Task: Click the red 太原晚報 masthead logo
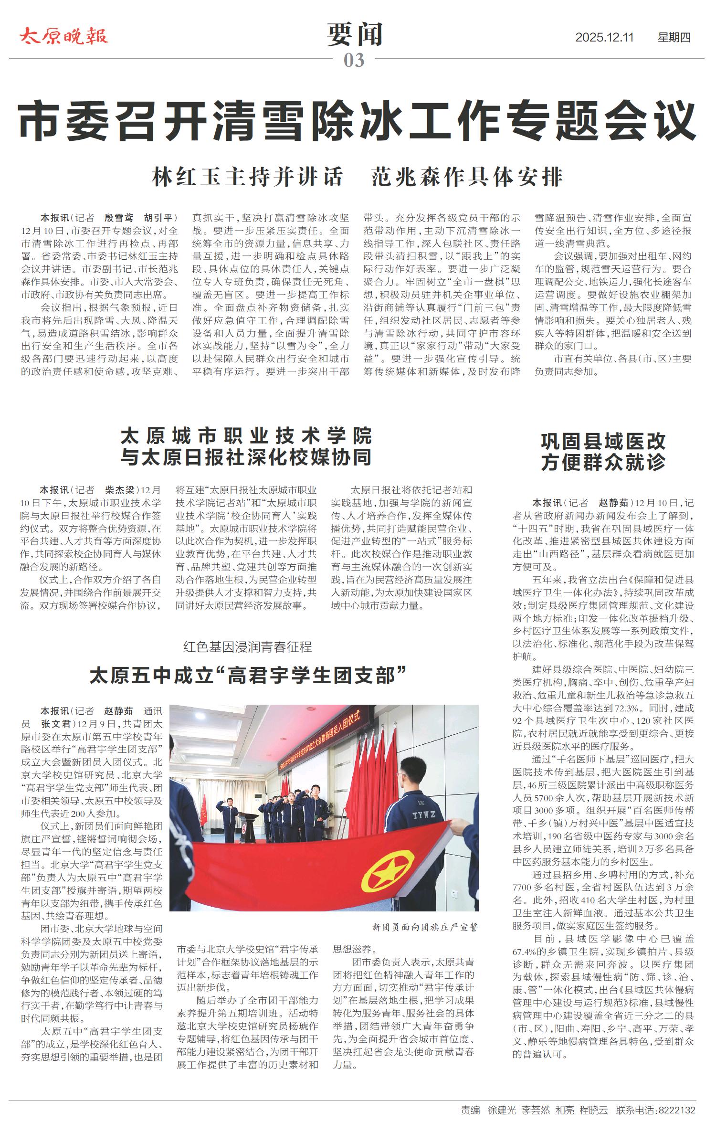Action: tap(64, 36)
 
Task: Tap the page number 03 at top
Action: tap(354, 60)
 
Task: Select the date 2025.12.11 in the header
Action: tap(604, 37)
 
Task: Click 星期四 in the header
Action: tap(674, 37)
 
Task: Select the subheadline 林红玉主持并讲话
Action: tap(247, 177)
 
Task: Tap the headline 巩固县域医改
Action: tap(603, 441)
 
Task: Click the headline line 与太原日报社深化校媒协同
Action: tap(246, 457)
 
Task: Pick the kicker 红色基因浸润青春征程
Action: tap(247, 647)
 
